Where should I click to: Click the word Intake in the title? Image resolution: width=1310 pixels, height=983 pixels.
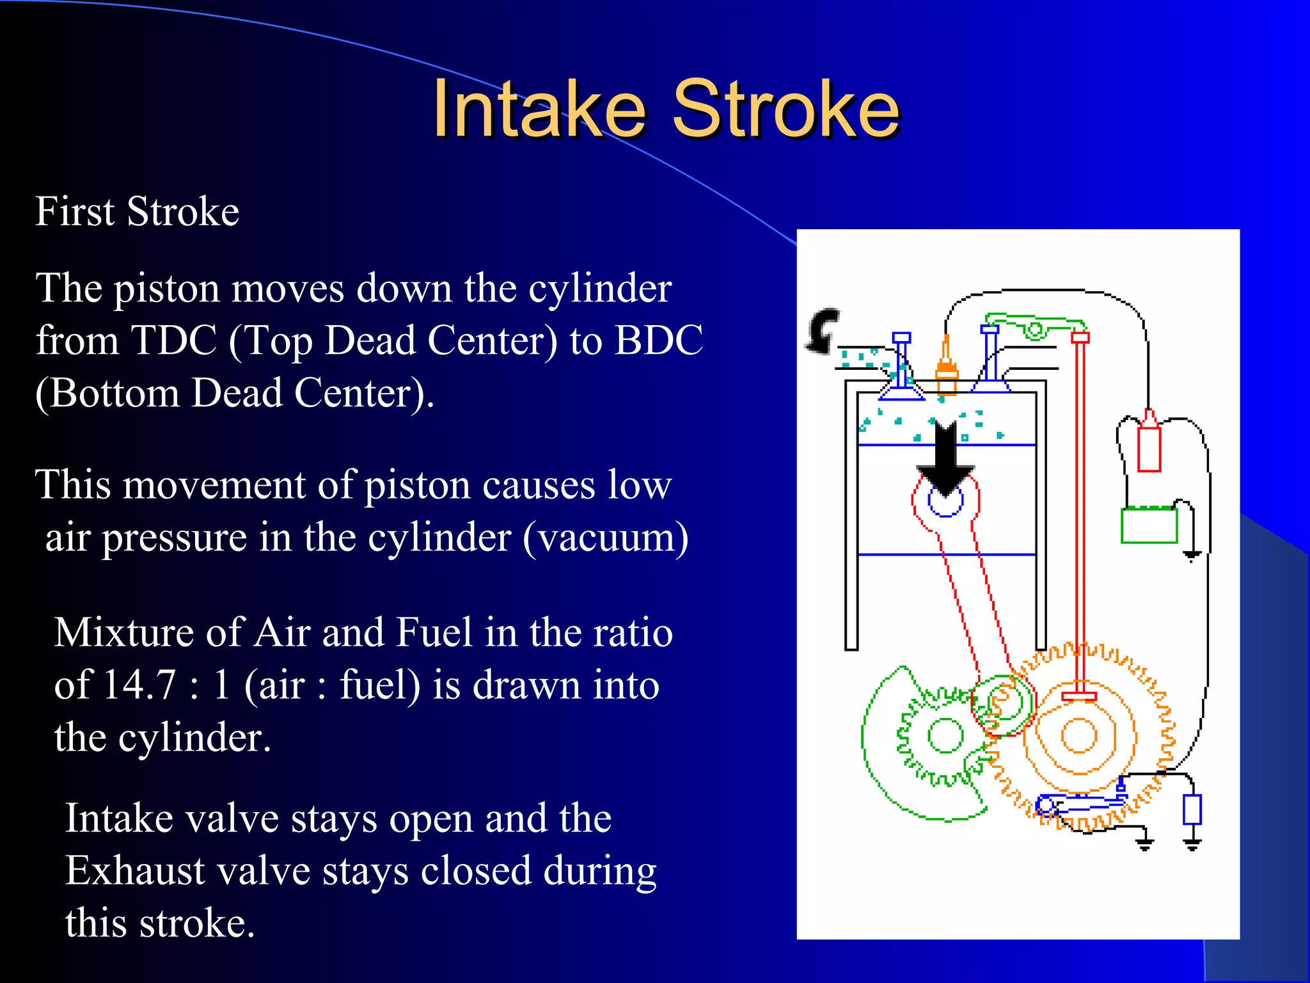tap(539, 109)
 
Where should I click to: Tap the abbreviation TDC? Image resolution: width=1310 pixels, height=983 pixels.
tap(173, 340)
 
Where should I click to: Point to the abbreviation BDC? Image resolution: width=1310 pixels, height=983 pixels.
tap(659, 340)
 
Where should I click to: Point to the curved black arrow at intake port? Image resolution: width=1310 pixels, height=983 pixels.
tap(822, 330)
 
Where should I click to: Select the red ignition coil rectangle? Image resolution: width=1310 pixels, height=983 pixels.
tap(1149, 447)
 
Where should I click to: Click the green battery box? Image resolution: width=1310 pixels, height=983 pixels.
tap(1149, 525)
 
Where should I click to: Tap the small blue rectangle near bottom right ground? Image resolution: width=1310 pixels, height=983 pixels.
tap(1192, 810)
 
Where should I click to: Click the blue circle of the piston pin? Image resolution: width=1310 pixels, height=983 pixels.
tap(945, 501)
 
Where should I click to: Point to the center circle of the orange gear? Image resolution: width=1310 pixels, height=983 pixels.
tap(1080, 736)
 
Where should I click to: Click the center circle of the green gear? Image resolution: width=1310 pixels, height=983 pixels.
tap(945, 736)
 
